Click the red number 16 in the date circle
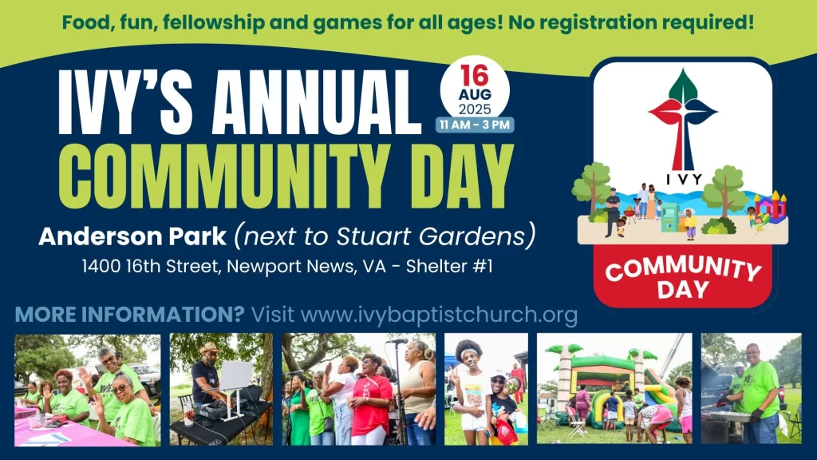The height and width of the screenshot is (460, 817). (474, 76)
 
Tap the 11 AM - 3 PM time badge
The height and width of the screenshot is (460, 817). (475, 125)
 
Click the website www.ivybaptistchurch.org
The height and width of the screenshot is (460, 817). (440, 315)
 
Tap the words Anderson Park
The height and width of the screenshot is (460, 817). (132, 236)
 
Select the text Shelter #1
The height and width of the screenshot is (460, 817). (449, 267)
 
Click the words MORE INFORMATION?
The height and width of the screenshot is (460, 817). (130, 315)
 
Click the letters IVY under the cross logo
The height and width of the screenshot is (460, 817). (684, 180)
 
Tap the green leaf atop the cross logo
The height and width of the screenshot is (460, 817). (683, 86)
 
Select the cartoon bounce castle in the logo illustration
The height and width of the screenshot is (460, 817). (771, 207)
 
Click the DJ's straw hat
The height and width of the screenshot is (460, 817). (211, 348)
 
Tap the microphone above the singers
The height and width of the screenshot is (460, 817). (397, 342)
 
